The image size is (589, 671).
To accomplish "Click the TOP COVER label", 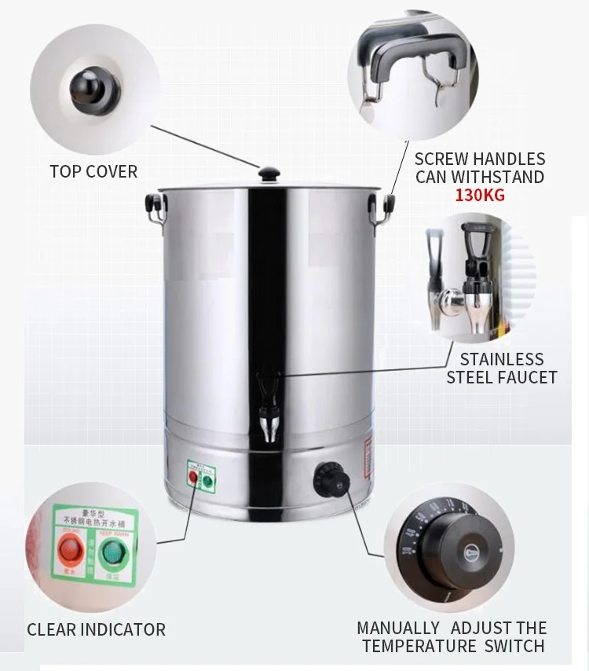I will coord(93,171).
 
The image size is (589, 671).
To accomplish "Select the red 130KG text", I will coord(480,196).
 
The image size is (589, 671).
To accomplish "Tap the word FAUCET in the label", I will coord(527,377).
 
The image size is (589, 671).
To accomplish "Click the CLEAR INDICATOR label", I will coord(96,629).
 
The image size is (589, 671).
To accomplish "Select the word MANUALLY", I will coord(398,628).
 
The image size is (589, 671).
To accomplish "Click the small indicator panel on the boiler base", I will coord(202,475).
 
